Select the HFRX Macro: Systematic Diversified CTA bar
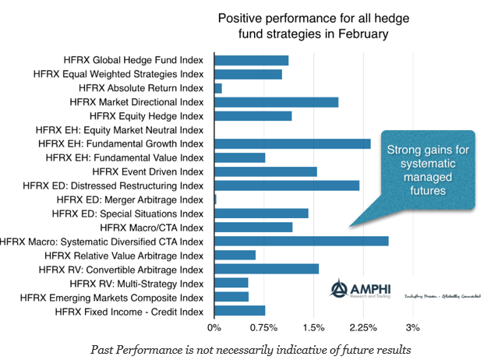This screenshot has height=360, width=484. point(301,241)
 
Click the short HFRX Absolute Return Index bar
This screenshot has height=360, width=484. point(218,88)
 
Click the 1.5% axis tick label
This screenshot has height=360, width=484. point(313,327)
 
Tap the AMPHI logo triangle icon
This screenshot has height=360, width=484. point(340,289)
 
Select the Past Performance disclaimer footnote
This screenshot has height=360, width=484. point(250,348)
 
